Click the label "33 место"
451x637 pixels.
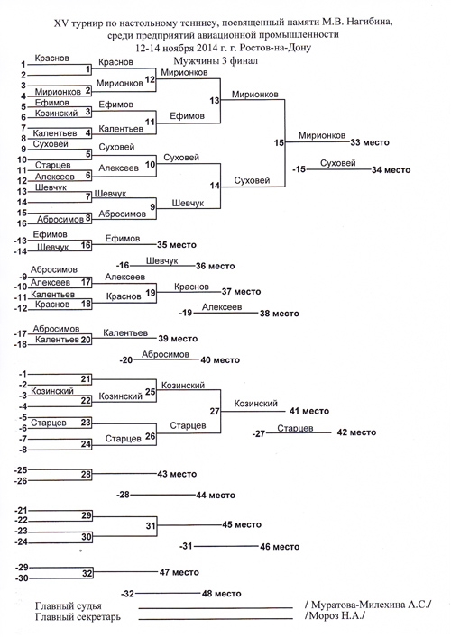(370, 142)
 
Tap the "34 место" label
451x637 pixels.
(391, 170)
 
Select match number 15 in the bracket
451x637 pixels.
(279, 142)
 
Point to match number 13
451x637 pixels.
(215, 100)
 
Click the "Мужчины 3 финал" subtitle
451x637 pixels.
(216, 61)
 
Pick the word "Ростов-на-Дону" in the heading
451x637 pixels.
(275, 48)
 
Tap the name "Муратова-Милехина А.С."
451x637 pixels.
(368, 605)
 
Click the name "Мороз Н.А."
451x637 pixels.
(335, 616)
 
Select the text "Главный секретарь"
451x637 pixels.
(78, 616)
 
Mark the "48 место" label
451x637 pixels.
(222, 594)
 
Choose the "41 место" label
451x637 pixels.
(309, 411)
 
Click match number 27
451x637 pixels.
(215, 411)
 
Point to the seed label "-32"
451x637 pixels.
(127, 594)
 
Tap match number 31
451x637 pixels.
(151, 525)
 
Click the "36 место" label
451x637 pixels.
(216, 267)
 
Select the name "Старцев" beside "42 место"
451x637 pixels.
(295, 428)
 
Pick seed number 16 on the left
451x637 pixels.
(22, 223)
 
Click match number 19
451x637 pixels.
(151, 293)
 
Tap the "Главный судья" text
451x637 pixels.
(69, 606)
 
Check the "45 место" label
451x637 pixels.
(242, 525)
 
